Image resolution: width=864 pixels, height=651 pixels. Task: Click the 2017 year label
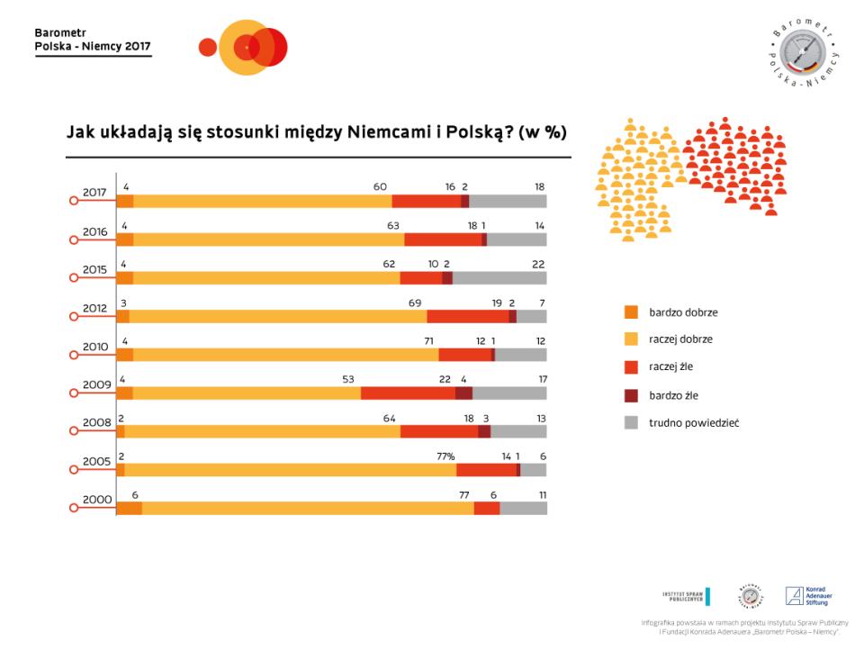(94, 192)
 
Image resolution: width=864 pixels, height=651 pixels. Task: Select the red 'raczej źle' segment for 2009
(408, 393)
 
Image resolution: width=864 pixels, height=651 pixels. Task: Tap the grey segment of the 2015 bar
(499, 278)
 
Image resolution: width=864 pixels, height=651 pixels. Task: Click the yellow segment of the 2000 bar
(307, 509)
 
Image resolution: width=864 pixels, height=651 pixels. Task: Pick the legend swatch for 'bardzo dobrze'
(631, 312)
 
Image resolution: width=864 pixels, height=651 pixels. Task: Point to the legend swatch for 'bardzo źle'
(631, 394)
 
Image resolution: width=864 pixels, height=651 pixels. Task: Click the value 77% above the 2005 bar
(445, 457)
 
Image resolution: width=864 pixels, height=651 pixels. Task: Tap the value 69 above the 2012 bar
(415, 303)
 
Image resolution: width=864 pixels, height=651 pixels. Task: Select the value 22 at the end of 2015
(538, 264)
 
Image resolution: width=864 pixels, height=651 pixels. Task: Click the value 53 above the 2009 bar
(348, 379)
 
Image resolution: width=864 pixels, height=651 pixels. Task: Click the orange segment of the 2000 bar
(129, 509)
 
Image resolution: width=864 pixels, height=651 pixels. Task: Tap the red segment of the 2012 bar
(467, 316)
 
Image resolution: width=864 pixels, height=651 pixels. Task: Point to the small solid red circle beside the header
(208, 47)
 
